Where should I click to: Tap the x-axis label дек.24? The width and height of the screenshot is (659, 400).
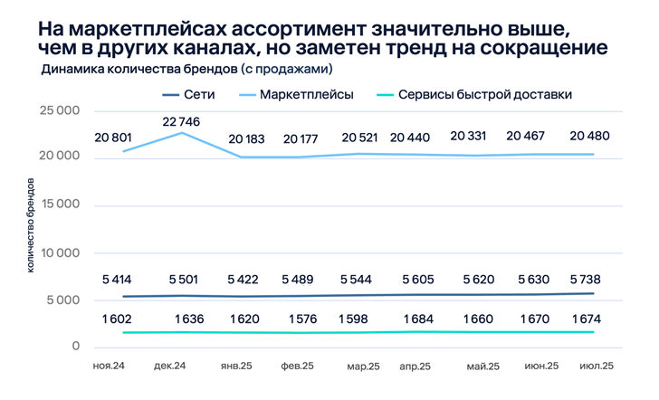(x=170, y=366)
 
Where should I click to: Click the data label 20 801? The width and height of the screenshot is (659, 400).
(x=112, y=137)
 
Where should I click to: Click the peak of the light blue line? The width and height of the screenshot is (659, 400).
(x=184, y=133)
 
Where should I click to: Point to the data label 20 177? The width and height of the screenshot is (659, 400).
(x=301, y=139)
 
